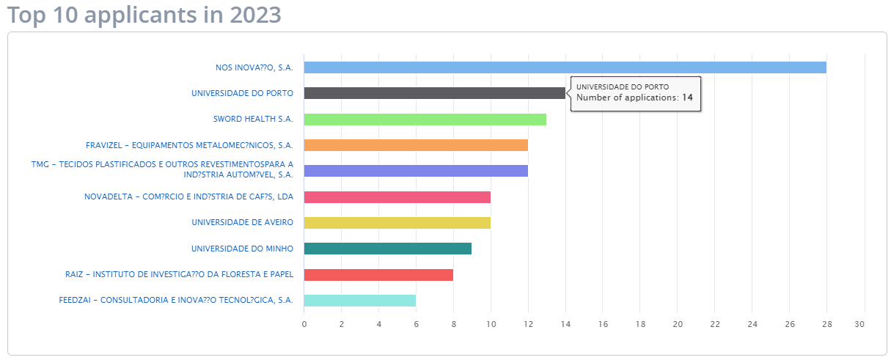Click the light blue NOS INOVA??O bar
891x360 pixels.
(x=565, y=67)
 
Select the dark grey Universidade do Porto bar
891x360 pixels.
(x=434, y=93)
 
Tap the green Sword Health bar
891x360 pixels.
(x=425, y=120)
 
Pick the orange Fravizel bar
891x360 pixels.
(x=416, y=145)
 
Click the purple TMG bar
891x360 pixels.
(x=416, y=171)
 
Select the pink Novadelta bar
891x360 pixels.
(x=397, y=197)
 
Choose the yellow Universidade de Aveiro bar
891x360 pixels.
(x=397, y=223)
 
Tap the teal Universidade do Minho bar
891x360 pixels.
(x=387, y=249)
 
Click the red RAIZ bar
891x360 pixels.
(x=378, y=275)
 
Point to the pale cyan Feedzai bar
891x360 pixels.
(x=359, y=301)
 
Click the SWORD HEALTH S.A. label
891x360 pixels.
(x=253, y=120)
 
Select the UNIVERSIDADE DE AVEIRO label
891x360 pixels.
(x=242, y=223)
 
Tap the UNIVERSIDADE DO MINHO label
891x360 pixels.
(x=242, y=249)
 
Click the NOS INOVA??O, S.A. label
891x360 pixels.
(x=254, y=67)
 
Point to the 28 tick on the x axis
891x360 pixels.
(x=826, y=323)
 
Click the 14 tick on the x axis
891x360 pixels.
(x=565, y=323)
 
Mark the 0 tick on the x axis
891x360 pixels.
(x=304, y=323)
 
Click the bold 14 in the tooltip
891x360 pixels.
(x=687, y=98)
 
